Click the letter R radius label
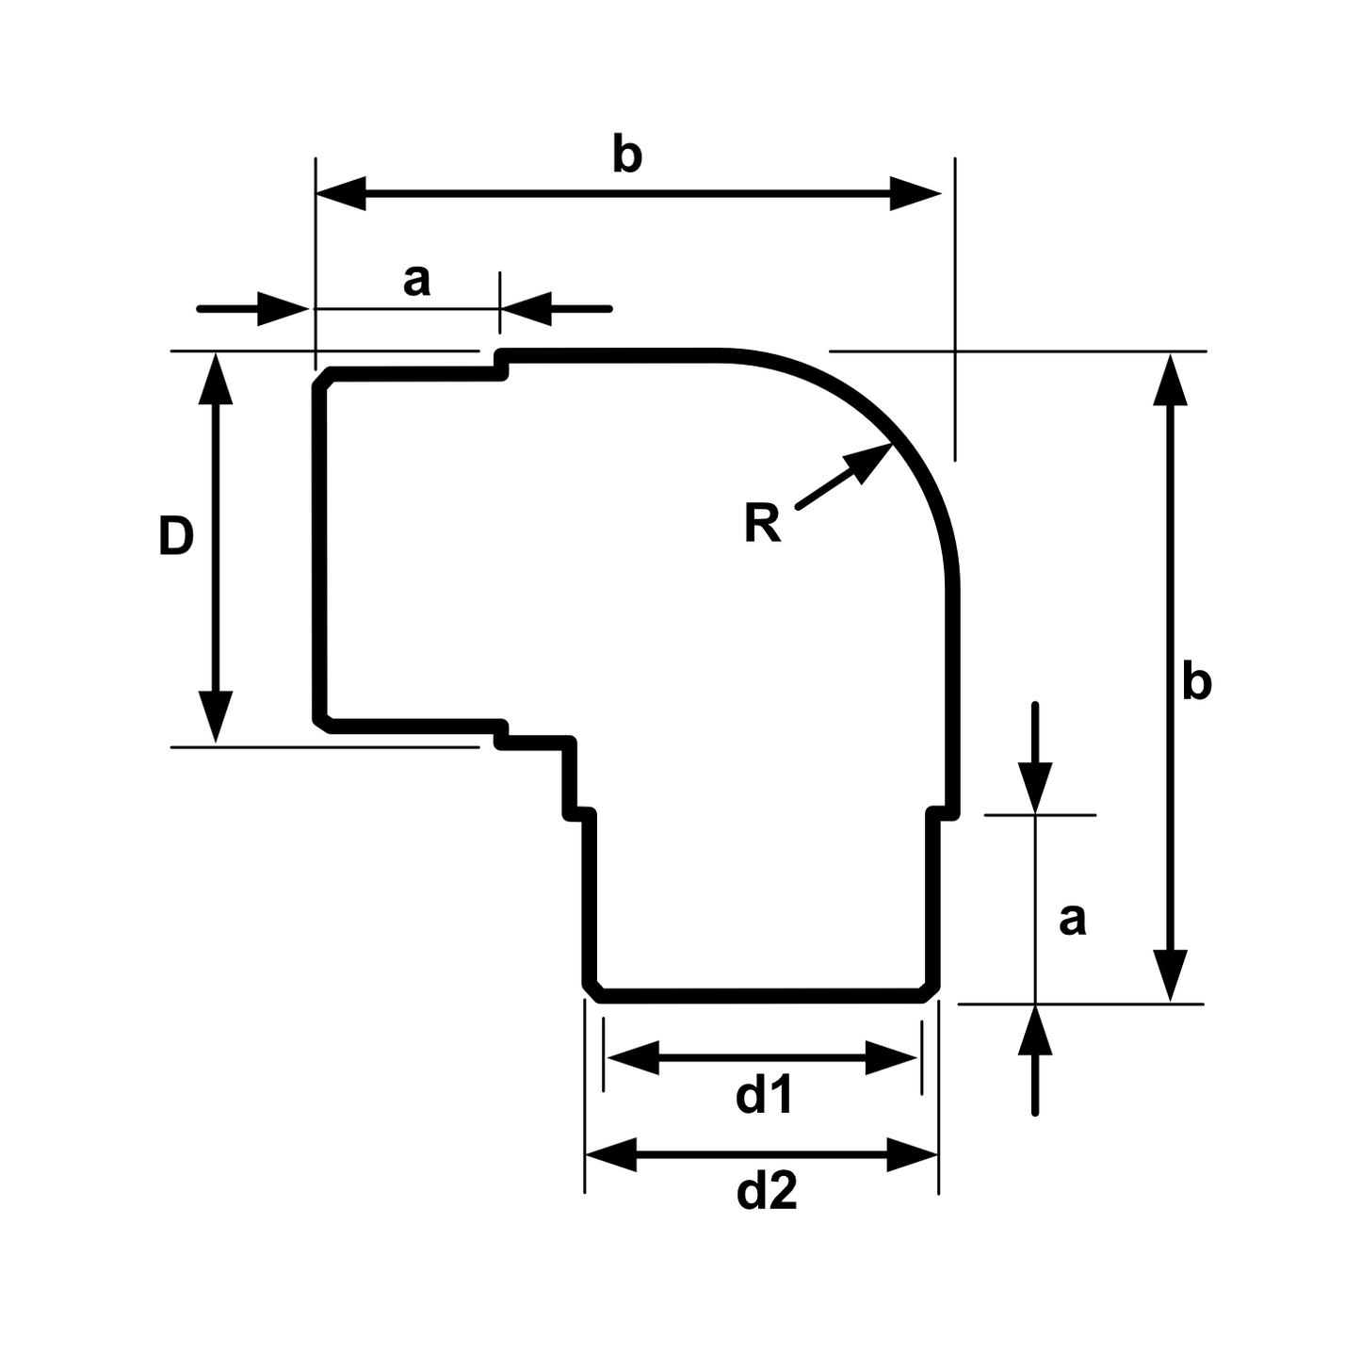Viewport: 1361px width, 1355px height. coord(762,524)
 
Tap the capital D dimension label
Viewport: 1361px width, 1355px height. coord(176,536)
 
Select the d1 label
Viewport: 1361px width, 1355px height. coord(764,1096)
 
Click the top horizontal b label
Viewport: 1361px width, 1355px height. coord(627,155)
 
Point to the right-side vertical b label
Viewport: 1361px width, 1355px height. coord(1196,681)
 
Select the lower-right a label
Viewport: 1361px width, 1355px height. coord(1072,921)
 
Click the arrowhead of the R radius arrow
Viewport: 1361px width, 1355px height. coord(869,460)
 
